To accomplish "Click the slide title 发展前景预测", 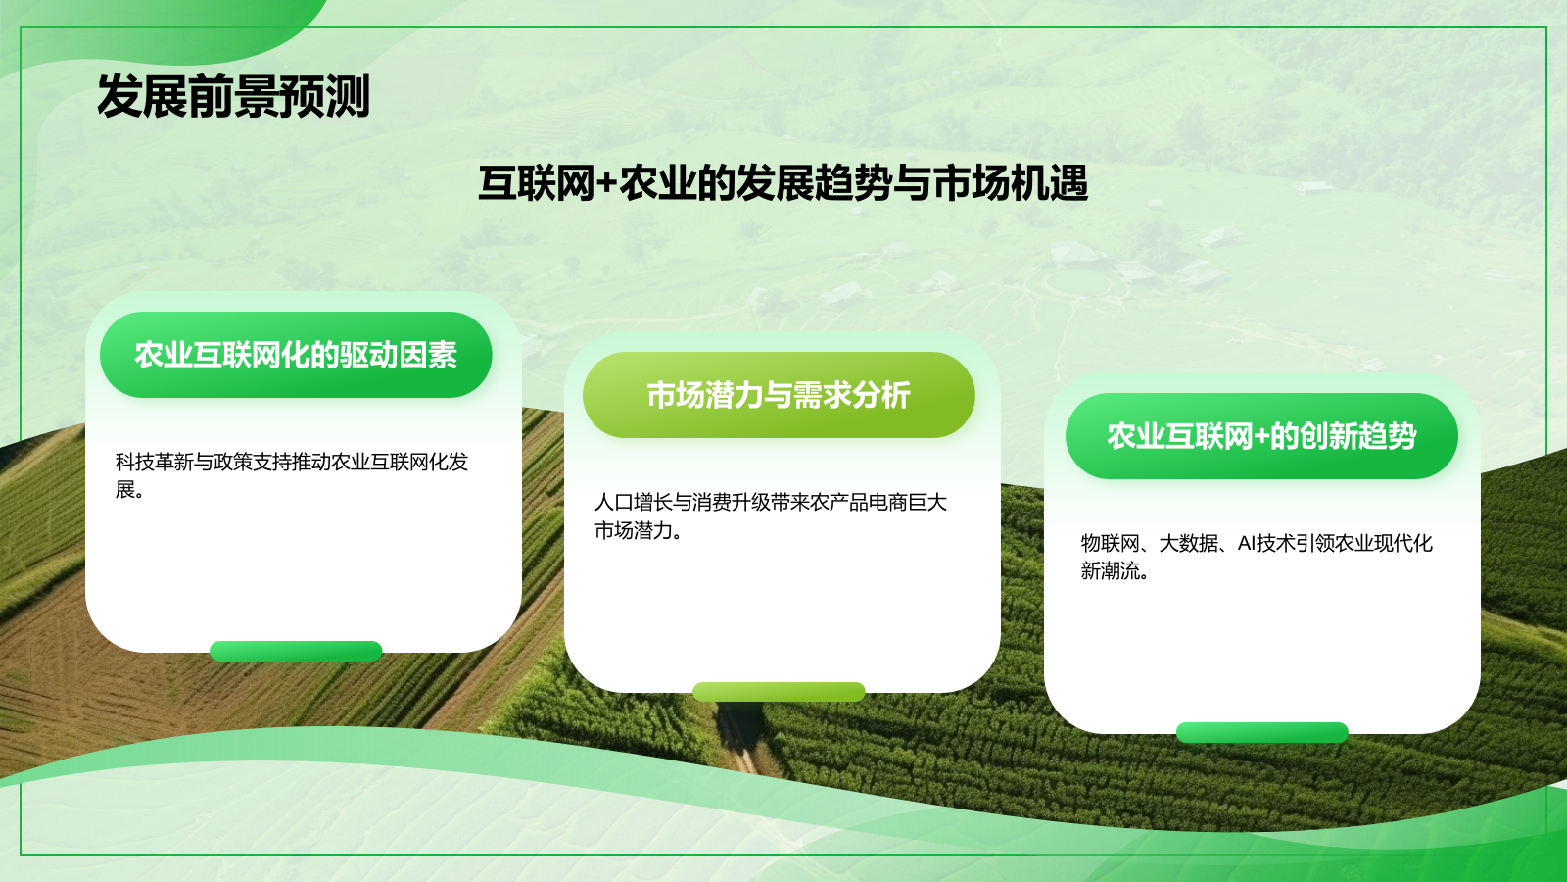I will click(x=233, y=97).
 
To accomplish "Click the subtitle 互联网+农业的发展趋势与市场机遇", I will click(x=783, y=183).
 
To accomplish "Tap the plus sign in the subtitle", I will click(x=606, y=184).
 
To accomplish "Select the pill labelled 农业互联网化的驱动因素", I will click(x=296, y=355).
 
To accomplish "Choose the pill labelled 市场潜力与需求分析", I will click(x=779, y=395).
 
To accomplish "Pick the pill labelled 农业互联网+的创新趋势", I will click(x=1261, y=436).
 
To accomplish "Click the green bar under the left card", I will click(x=296, y=651).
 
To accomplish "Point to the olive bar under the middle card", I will click(x=779, y=691).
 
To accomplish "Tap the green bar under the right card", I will click(x=1261, y=732).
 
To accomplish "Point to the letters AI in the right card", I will click(x=1247, y=543).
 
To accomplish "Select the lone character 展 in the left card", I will click(x=125, y=489).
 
